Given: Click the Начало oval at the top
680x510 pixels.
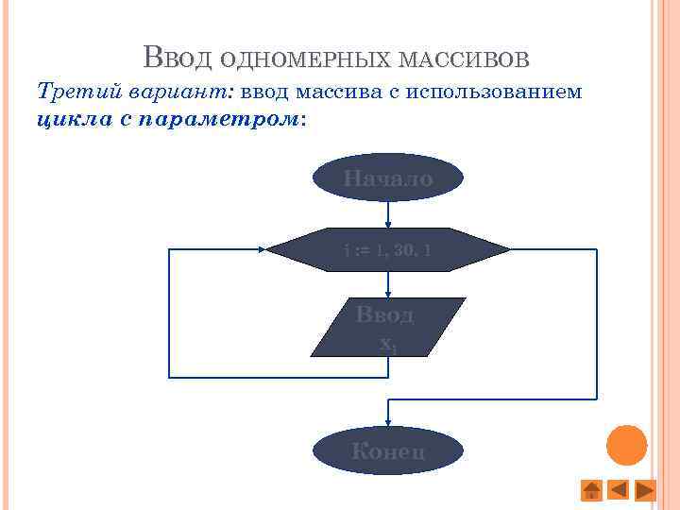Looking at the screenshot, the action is [387, 178].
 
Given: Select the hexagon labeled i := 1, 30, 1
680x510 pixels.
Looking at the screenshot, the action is [387, 250].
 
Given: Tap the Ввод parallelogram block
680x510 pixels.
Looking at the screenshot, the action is [387, 327].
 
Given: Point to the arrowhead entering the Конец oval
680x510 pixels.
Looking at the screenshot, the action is [387, 422].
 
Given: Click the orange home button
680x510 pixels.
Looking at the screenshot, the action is [590, 490].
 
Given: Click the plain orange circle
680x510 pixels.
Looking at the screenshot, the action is [626, 446].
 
